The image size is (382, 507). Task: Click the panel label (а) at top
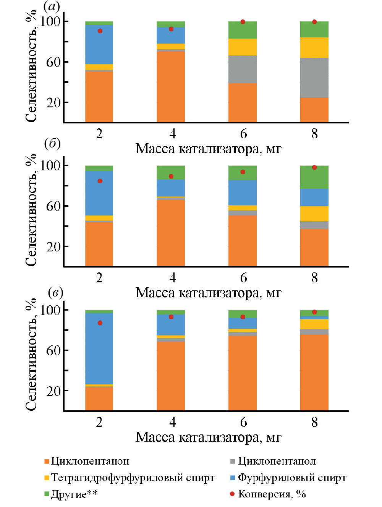click(52, 6)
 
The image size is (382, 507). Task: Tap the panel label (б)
click(52, 144)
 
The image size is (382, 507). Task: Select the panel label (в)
click(55, 293)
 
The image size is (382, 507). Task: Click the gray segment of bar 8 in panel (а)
click(314, 78)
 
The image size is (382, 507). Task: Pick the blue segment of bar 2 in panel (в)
click(99, 348)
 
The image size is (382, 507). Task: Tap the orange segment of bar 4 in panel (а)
click(171, 86)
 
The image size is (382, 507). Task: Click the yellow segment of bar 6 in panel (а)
click(243, 47)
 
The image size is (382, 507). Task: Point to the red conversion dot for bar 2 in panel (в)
click(100, 323)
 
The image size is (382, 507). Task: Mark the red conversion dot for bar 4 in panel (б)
click(171, 177)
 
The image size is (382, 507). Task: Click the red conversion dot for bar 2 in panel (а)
click(100, 31)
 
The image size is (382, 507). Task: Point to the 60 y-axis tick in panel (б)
click(53, 206)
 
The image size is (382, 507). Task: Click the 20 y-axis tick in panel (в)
click(53, 391)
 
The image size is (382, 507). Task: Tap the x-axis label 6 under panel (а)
click(243, 134)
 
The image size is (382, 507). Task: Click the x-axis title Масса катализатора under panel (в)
click(208, 437)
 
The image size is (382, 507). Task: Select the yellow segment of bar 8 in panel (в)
click(314, 324)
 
